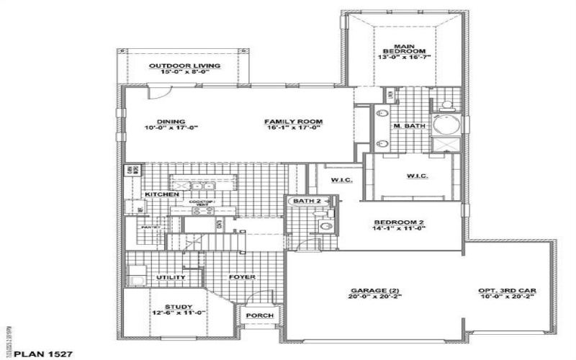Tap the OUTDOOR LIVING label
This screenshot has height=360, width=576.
click(x=184, y=66)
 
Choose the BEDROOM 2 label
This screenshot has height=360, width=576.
click(x=399, y=222)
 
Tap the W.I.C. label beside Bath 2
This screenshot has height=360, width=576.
click(x=341, y=179)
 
